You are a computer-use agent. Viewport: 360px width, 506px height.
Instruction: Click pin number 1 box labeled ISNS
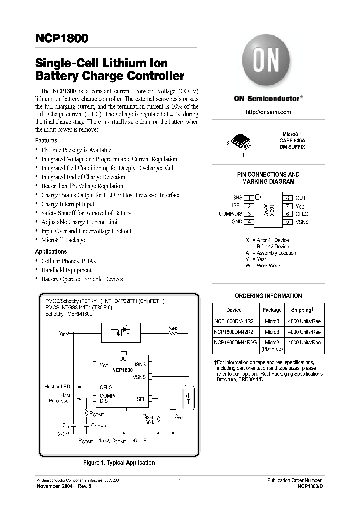[x=249, y=198]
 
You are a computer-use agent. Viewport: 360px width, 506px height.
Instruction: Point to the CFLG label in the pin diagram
[x=302, y=214]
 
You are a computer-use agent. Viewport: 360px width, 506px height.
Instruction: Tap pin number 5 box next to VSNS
[x=288, y=222]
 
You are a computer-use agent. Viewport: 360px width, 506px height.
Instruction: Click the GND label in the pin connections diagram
[x=237, y=222]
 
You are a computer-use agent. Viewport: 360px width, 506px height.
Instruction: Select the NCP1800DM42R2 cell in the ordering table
[x=234, y=331]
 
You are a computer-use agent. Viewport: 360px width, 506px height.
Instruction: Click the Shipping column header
[x=305, y=310]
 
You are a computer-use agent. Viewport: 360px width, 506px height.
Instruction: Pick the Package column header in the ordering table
[x=272, y=310]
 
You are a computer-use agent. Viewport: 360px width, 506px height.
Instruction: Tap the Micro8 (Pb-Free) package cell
[x=272, y=345]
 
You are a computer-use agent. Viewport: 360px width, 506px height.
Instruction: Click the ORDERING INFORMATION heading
[x=268, y=296]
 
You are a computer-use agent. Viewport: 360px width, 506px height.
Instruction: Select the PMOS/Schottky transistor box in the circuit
[x=120, y=332]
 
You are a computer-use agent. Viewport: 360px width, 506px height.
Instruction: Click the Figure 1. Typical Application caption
[x=119, y=463]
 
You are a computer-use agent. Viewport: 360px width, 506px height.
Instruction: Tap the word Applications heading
[x=51, y=252]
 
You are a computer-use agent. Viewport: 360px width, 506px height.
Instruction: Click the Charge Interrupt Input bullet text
[x=68, y=204]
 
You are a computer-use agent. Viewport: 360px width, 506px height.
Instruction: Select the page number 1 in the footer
[x=179, y=480]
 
